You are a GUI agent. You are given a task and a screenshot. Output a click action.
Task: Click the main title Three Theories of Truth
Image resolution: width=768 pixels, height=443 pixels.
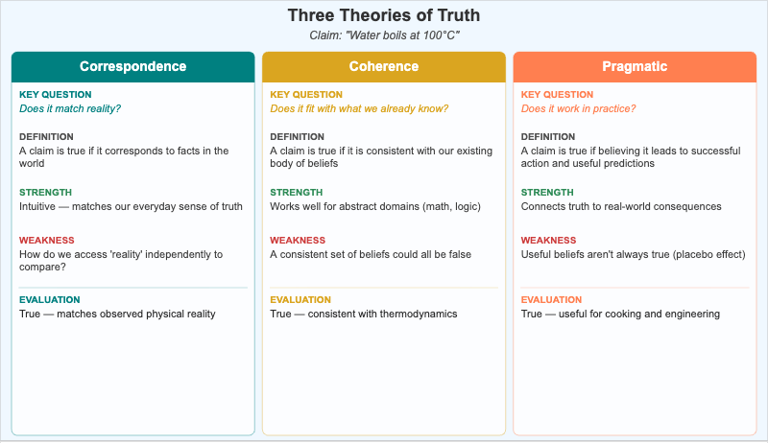pos(384,16)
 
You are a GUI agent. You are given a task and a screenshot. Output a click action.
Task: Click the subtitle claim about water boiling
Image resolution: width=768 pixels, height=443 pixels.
pos(384,35)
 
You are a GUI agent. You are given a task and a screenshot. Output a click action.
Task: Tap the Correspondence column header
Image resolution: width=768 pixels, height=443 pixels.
pos(133,66)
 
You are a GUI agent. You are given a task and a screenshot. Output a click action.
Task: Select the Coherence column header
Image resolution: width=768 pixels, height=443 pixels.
pos(384,66)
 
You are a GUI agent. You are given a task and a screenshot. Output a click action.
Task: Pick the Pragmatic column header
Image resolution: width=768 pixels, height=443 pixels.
pos(635,66)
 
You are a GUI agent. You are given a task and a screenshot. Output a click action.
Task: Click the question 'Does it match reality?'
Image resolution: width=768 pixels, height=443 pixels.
pos(70,108)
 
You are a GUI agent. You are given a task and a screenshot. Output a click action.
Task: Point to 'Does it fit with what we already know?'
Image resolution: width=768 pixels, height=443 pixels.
pos(359,108)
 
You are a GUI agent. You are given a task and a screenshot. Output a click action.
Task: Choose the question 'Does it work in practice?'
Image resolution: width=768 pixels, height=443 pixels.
pos(578,108)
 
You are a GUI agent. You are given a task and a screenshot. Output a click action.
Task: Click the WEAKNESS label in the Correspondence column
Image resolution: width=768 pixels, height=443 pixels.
pos(46,240)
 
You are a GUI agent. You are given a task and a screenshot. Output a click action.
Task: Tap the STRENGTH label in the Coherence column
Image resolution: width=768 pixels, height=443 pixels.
pos(297,192)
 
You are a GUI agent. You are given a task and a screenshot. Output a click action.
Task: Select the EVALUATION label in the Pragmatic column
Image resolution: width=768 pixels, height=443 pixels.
pos(551,300)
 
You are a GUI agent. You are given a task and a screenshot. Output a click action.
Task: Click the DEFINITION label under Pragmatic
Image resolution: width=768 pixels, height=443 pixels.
pos(548,137)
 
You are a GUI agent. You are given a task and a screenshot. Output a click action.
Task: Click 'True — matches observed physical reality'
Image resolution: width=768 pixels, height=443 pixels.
pos(117,314)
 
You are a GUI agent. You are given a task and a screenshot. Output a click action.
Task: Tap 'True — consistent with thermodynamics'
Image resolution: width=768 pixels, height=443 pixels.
pos(363,314)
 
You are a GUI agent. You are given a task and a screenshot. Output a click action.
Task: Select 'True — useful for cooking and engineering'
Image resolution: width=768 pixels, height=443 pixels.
pos(620,314)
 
